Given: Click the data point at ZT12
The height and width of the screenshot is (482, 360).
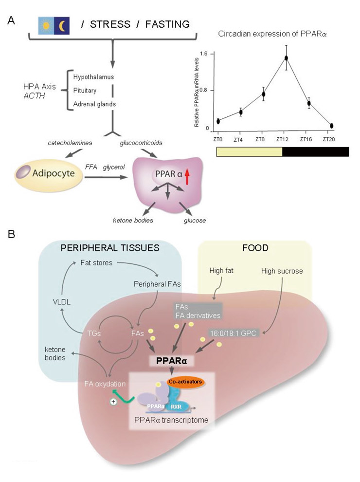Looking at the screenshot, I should click(x=287, y=58).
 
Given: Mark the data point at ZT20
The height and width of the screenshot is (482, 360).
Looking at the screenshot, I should click(x=331, y=126).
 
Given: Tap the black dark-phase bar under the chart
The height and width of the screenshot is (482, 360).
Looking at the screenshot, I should click(x=316, y=151).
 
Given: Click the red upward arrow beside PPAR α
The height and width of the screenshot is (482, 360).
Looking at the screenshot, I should click(x=186, y=174).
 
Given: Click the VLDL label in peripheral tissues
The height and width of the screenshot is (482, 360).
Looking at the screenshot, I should click(x=52, y=301).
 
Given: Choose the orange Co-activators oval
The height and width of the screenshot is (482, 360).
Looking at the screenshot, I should click(x=184, y=381).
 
